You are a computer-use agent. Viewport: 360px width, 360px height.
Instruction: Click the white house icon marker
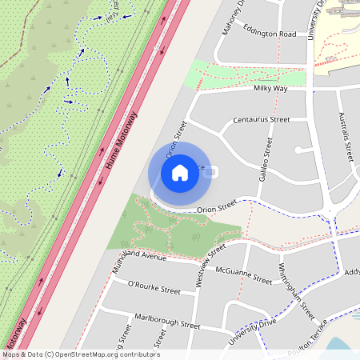pyautogui.click(x=180, y=172)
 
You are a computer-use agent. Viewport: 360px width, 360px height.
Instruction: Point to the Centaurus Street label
pyautogui.click(x=261, y=119)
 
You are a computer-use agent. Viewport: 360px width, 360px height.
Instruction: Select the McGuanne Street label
pyautogui.click(x=245, y=277)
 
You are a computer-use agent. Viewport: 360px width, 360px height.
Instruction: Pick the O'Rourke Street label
pyautogui.click(x=154, y=287)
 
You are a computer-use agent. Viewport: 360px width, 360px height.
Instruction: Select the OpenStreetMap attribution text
pyautogui.click(x=81, y=354)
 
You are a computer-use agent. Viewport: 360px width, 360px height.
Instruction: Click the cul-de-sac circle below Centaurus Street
pyautogui.click(x=298, y=150)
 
